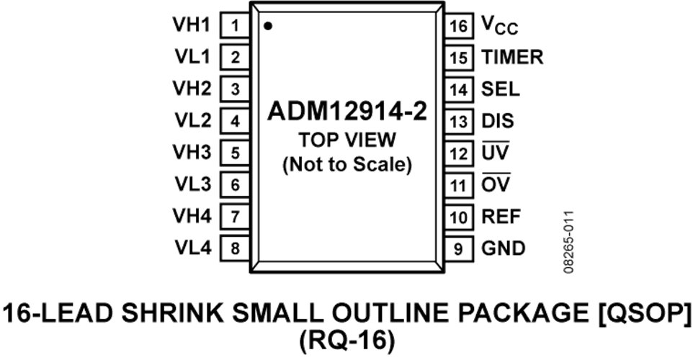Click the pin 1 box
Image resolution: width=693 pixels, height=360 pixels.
coord(235,26)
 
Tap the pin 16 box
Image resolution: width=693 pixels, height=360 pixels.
coord(459,26)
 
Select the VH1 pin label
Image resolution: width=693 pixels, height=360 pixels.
coord(192,24)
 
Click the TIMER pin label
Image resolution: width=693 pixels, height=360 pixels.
coord(512,58)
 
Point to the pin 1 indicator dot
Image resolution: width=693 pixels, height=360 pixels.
coord(268,26)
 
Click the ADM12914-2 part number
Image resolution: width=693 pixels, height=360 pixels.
coord(347,111)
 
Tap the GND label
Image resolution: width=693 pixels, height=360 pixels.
coord(504,248)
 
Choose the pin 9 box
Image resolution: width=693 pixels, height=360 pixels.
coord(459,248)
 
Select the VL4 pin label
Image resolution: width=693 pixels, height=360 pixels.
coord(193,248)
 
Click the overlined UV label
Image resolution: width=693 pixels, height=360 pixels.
coord(496,152)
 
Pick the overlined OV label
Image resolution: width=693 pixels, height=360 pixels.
coord(496,184)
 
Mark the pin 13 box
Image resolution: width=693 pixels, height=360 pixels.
coord(459,121)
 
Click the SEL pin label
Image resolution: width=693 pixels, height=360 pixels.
coord(501,89)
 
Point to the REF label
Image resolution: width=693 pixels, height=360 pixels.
coord(501,217)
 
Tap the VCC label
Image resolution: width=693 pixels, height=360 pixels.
coord(500,25)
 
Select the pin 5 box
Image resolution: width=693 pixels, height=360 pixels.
coord(235,153)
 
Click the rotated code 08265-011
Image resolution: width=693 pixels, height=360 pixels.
coord(569,242)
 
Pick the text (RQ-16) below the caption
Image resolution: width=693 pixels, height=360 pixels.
coord(347,341)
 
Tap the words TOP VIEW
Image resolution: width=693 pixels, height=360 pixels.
coord(347,140)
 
